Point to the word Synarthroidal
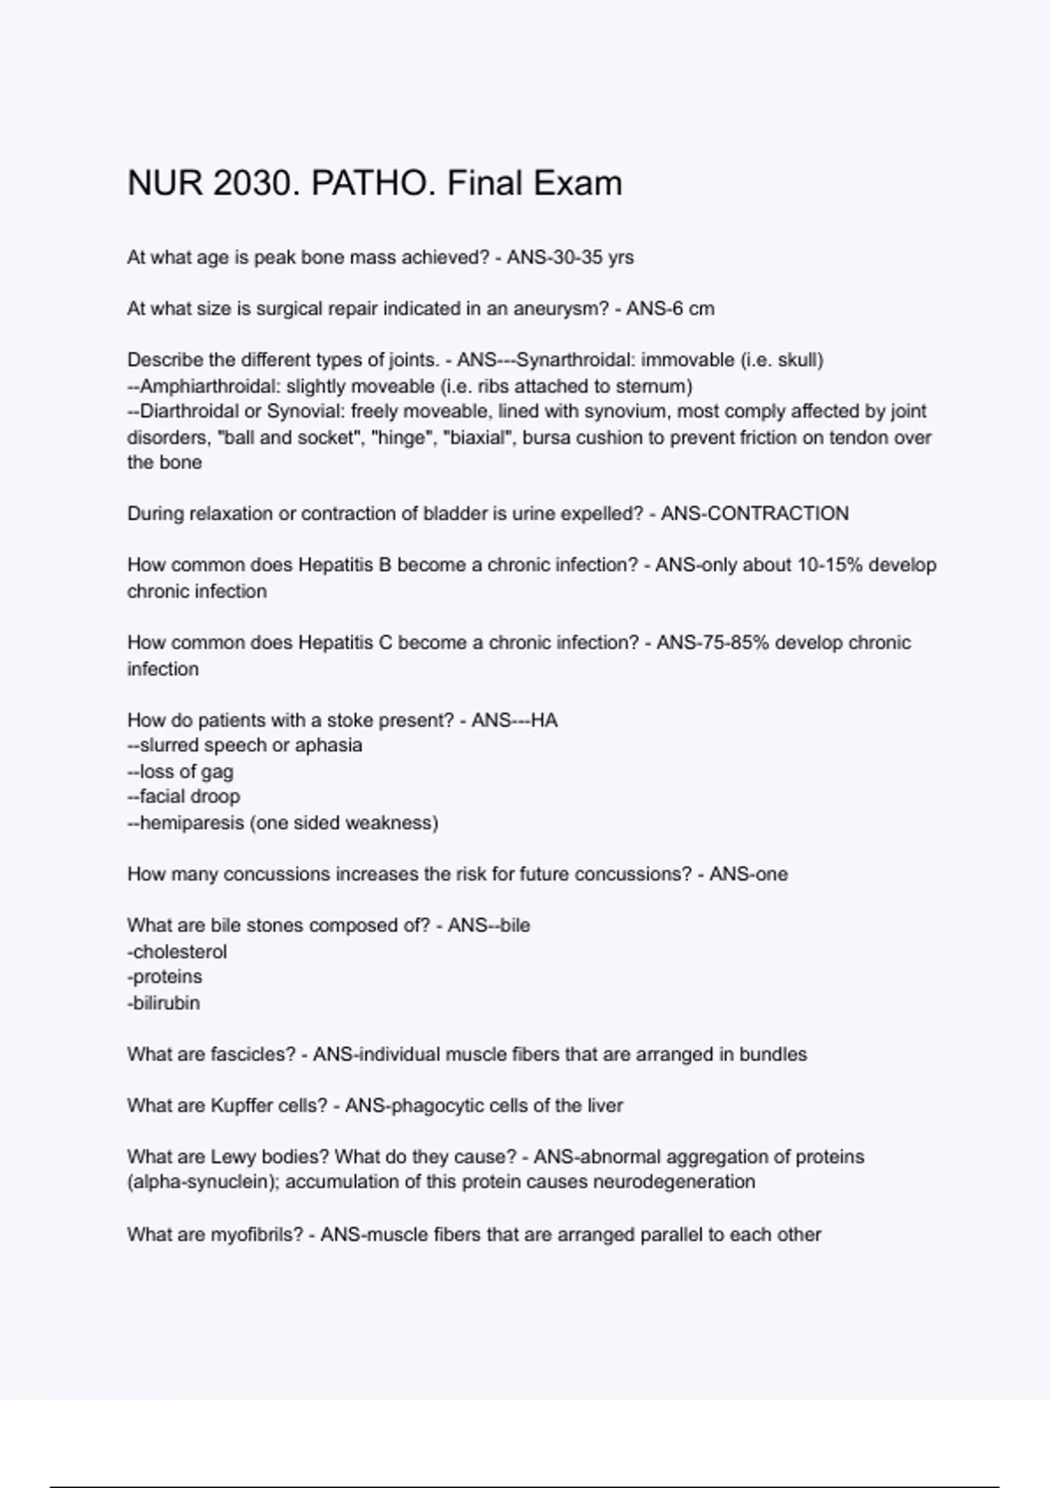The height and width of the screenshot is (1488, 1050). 572,361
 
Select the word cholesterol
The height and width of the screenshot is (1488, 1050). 179,951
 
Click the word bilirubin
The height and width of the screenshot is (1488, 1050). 166,1003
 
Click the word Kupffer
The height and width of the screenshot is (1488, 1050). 241,1106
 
